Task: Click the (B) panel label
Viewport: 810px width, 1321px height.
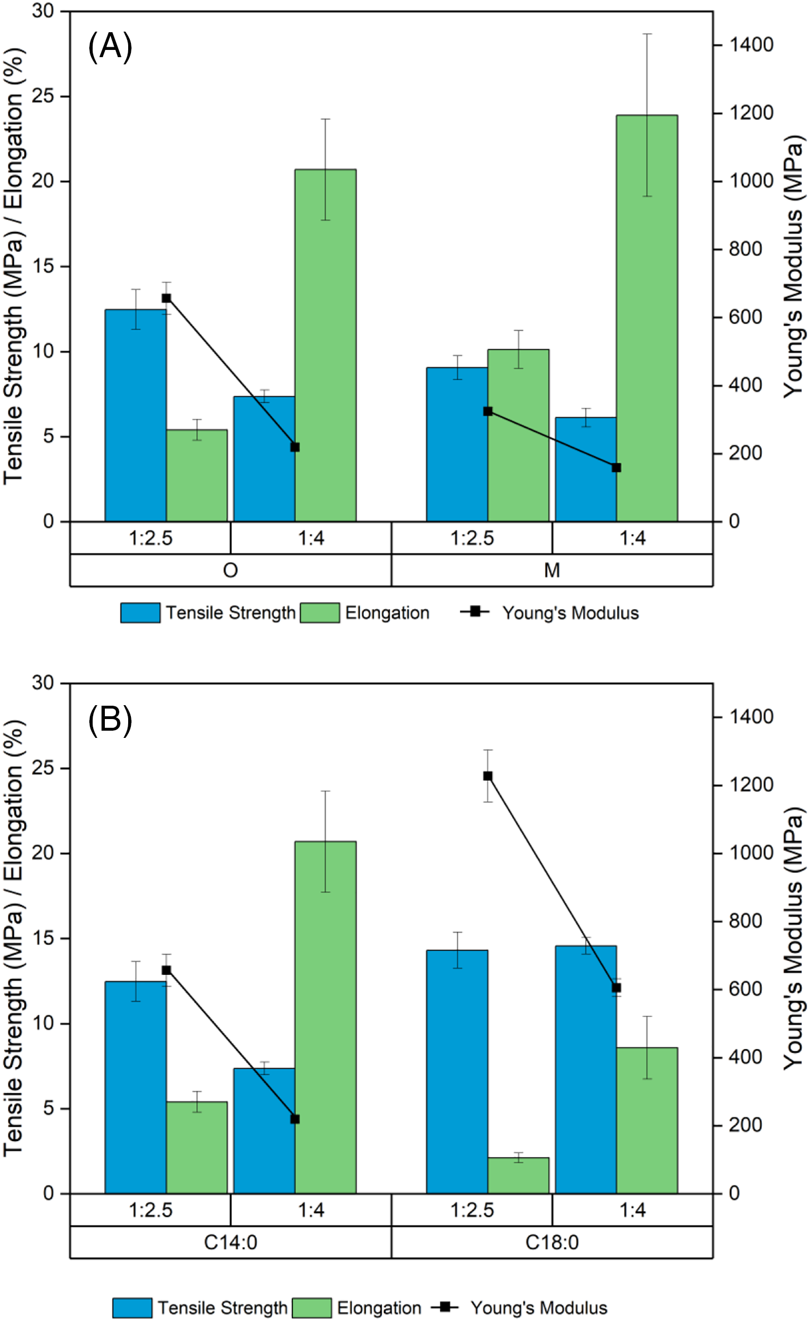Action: [x=110, y=720]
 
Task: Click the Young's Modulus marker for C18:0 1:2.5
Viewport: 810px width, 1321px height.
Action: [x=488, y=776]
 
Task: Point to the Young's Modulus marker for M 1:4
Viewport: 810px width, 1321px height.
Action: [x=616, y=468]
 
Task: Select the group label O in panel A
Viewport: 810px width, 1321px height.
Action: [x=230, y=570]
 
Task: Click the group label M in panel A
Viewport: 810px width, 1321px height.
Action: [x=552, y=570]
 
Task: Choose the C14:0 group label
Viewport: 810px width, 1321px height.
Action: [x=230, y=1243]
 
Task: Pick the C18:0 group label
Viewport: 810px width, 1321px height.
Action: [x=552, y=1243]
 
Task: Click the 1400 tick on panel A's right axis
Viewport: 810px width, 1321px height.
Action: [x=751, y=44]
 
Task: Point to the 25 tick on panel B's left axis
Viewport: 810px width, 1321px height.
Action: [x=43, y=768]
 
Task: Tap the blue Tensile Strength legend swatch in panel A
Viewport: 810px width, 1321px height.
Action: [x=140, y=613]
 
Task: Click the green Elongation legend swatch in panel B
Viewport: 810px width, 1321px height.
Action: [x=312, y=1308]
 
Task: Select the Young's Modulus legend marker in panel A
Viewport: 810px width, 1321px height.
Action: [x=475, y=611]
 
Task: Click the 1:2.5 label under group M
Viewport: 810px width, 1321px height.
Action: [x=472, y=538]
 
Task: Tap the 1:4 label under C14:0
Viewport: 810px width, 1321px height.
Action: [x=311, y=1210]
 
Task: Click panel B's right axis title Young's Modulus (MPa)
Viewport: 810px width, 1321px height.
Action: [x=793, y=938]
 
